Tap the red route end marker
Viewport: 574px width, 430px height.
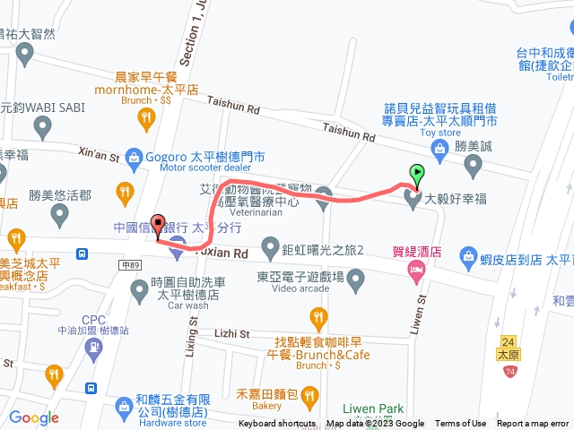159,226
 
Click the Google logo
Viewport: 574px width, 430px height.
34,417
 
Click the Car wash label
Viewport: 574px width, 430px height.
187,305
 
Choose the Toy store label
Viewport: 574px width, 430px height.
439,132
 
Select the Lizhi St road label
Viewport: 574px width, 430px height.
231,333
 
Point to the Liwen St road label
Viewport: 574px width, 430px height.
420,317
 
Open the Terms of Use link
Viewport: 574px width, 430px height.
461,424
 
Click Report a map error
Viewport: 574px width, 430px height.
533,424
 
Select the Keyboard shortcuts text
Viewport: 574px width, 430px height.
277,424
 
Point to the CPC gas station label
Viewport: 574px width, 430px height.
93,320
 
